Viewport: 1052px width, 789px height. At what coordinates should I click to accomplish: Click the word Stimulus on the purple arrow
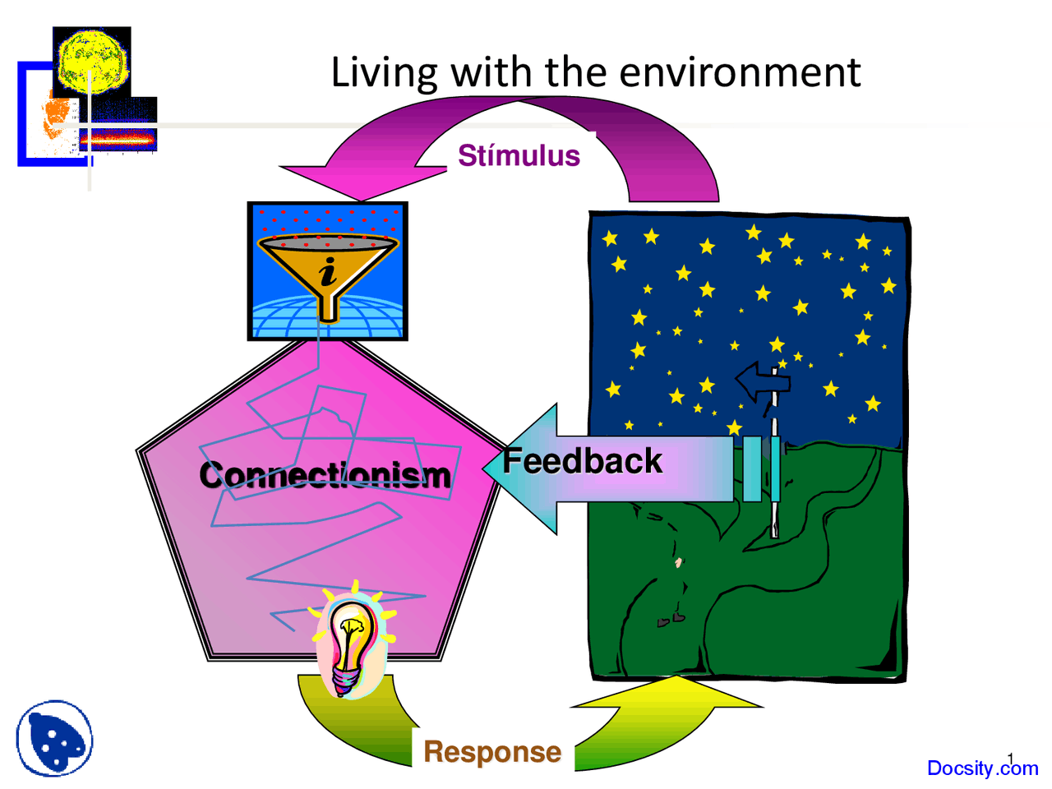(519, 155)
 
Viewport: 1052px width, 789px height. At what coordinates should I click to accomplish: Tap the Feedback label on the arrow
(582, 461)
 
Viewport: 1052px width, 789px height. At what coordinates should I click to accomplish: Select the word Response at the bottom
(492, 751)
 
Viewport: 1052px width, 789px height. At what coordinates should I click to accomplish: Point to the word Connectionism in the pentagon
(325, 475)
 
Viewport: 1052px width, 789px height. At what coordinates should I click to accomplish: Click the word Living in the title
(384, 72)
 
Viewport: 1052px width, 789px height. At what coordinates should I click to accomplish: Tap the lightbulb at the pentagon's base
(352, 641)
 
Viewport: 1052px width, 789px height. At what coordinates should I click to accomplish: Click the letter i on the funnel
(328, 271)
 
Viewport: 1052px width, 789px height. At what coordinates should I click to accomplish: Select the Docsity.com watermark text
(981, 768)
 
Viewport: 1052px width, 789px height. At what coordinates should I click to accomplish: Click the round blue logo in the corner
(54, 738)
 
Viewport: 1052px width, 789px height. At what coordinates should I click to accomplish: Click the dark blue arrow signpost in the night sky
(761, 381)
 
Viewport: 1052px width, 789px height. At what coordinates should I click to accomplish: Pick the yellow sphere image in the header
(91, 62)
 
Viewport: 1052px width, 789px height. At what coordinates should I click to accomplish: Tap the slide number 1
(1011, 759)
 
